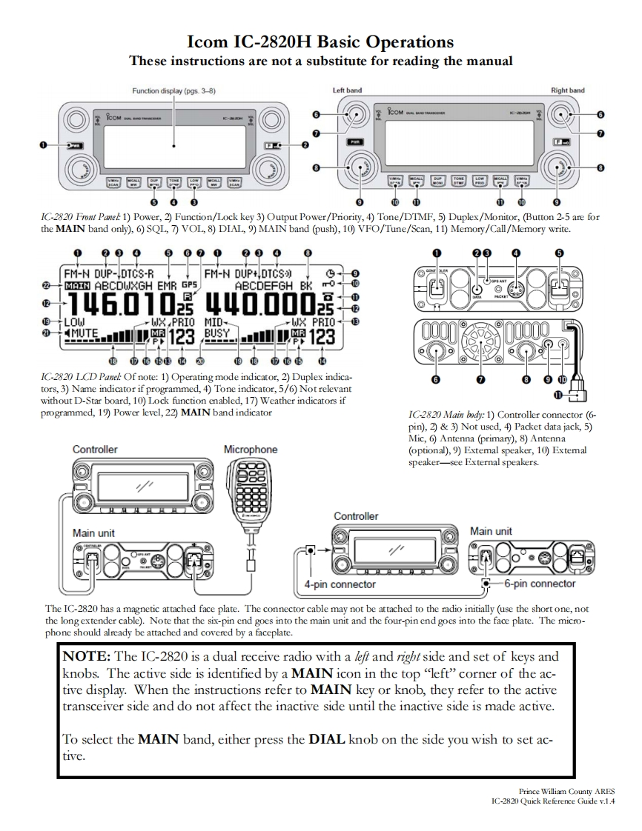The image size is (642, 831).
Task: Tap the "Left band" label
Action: (x=347, y=90)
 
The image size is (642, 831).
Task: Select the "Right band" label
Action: (x=567, y=90)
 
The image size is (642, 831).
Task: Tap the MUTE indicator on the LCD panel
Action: (x=83, y=335)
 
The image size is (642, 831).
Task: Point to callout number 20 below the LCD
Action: (x=200, y=361)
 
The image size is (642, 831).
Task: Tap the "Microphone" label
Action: (x=251, y=450)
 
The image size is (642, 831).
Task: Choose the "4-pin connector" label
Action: (x=340, y=584)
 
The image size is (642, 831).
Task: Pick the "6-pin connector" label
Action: (x=540, y=584)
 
